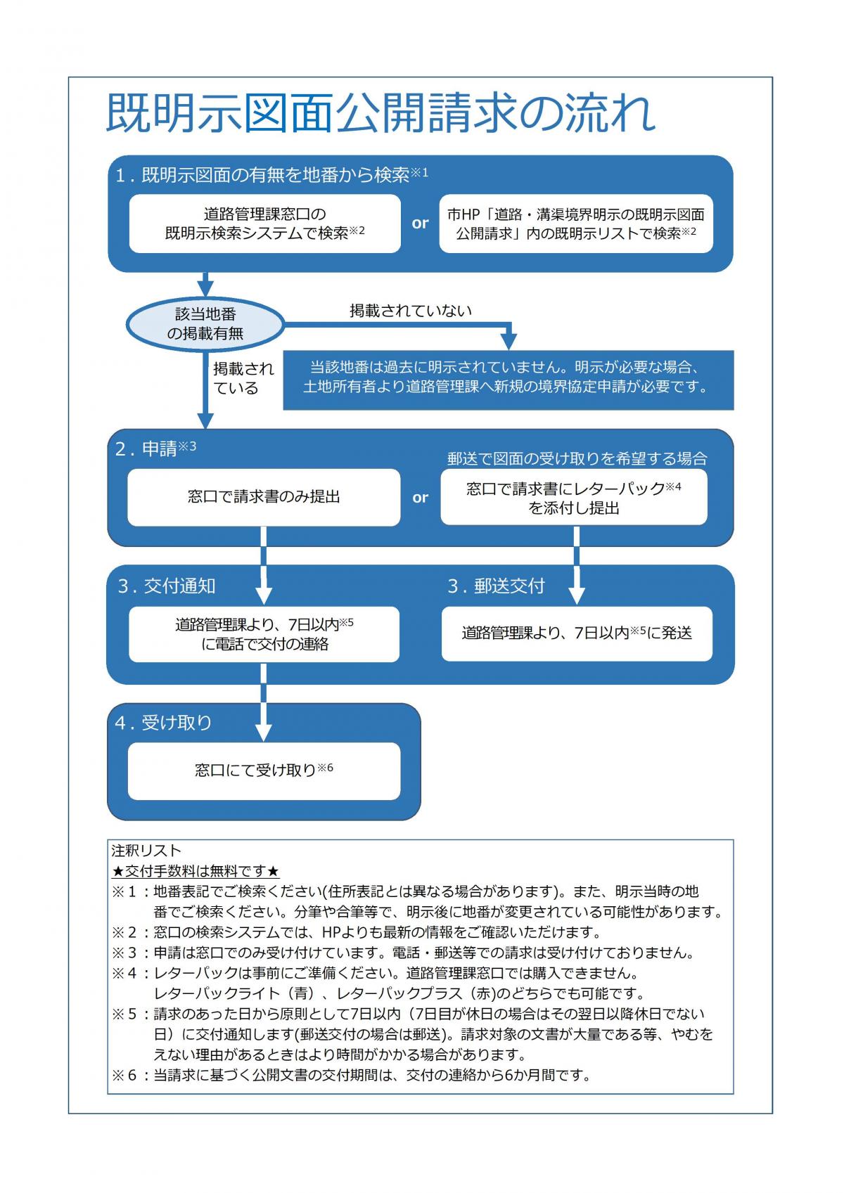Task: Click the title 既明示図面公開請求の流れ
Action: [x=381, y=113]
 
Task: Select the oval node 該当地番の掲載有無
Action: [x=205, y=324]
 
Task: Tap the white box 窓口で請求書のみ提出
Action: [x=264, y=497]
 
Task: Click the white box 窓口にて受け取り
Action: [x=264, y=770]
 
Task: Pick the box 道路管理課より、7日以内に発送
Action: [x=577, y=633]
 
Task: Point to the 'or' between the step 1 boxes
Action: [x=420, y=224]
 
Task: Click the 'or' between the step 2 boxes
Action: [x=420, y=498]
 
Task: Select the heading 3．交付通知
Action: [x=167, y=586]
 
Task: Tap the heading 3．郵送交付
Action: [x=497, y=586]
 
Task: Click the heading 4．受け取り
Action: [x=164, y=723]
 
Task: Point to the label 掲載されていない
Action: [x=411, y=311]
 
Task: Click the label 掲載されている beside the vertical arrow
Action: [x=243, y=378]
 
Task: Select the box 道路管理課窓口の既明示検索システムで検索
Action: [x=264, y=224]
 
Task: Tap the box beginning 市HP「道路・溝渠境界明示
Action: [x=576, y=224]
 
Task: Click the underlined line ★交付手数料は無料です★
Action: [x=196, y=872]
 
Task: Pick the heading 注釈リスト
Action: [x=146, y=851]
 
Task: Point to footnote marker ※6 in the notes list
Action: [x=127, y=1076]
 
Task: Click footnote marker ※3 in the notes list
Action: [x=127, y=953]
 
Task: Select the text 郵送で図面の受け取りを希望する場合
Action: [x=577, y=458]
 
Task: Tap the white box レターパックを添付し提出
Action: [x=574, y=498]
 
